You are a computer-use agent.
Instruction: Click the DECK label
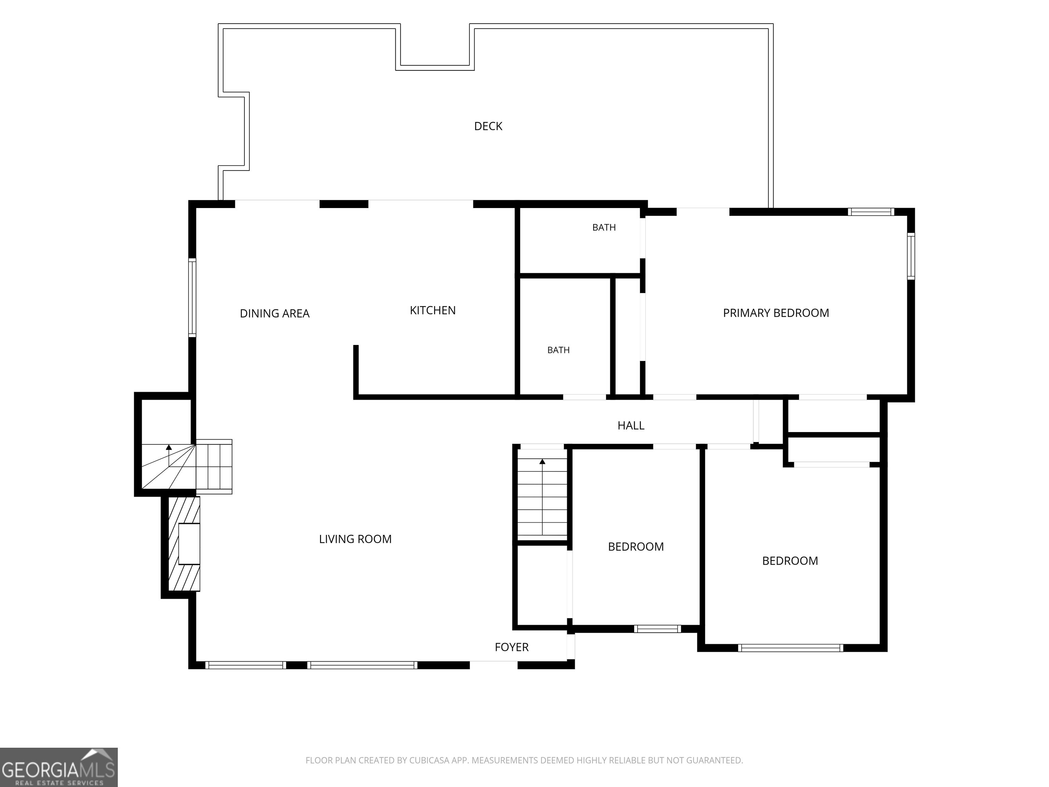(488, 126)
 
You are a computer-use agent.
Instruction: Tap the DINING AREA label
(275, 314)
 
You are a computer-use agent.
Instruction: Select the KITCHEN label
(433, 310)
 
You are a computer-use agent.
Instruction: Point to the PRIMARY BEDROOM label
(776, 313)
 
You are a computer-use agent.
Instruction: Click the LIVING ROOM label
(355, 539)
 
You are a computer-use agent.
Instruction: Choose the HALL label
(631, 426)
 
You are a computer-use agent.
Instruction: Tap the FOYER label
(511, 647)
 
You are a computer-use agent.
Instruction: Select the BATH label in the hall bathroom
(558, 350)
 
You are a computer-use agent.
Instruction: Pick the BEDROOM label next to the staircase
(635, 547)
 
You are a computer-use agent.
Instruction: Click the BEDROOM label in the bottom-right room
(789, 561)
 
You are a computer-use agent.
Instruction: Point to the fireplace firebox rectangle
(189, 544)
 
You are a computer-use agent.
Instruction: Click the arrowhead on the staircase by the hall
(542, 461)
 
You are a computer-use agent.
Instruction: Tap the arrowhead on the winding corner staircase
(168, 447)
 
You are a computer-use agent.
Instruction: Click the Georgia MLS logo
(58, 767)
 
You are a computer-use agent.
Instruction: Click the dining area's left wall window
(192, 298)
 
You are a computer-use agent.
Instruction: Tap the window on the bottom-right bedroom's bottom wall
(790, 648)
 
